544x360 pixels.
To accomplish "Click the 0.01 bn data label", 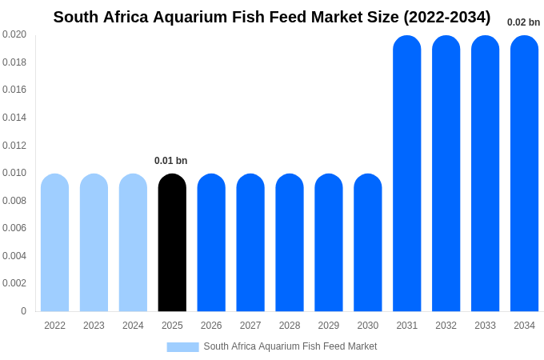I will [x=171, y=161].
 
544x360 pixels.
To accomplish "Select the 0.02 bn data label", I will [x=523, y=22].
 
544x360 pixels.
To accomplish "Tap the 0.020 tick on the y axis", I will [x=14, y=34].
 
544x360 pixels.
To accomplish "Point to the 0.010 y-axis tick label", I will [x=14, y=173].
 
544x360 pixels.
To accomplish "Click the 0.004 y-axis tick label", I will [x=14, y=256].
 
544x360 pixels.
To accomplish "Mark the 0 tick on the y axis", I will [x=23, y=311].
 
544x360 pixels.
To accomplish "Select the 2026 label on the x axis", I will [x=211, y=326].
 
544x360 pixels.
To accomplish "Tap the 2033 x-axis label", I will [x=485, y=326].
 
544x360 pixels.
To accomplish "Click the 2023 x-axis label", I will [x=94, y=326].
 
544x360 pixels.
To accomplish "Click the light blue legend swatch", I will [x=182, y=347].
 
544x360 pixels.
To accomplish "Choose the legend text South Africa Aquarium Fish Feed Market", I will [x=290, y=346].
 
